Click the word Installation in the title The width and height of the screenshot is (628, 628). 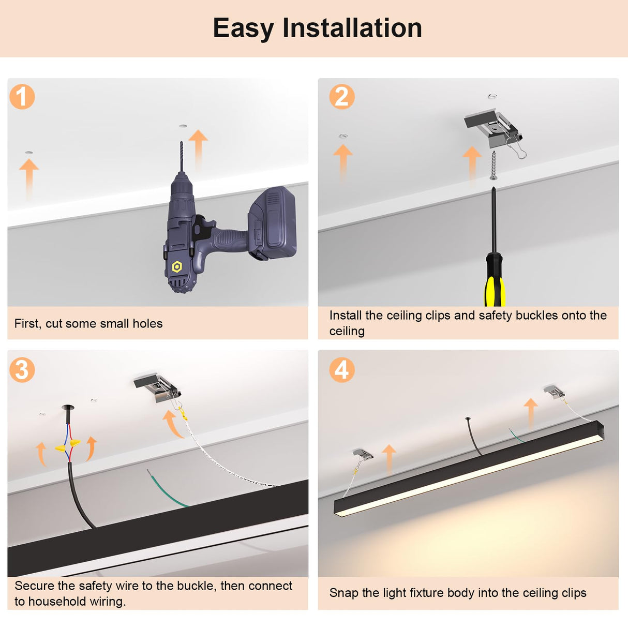click(352, 28)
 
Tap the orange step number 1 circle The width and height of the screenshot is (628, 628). click(22, 97)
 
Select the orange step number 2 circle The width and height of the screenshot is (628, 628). click(342, 97)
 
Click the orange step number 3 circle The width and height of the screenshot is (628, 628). click(22, 370)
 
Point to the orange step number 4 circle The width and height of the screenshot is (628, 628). click(342, 370)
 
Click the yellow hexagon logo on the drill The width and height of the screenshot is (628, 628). click(177, 266)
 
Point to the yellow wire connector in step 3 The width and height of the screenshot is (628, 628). click(68, 445)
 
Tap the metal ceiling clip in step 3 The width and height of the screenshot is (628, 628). click(157, 388)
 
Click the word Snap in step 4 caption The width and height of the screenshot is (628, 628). click(343, 593)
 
